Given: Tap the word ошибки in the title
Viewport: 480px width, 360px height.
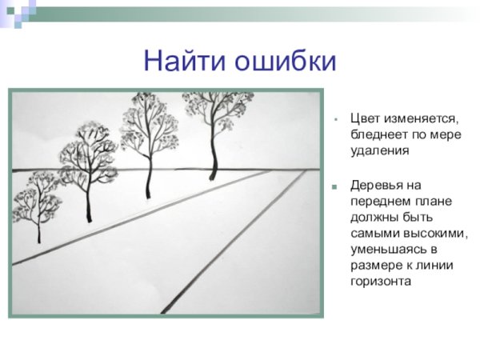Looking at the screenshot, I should point(283,60).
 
